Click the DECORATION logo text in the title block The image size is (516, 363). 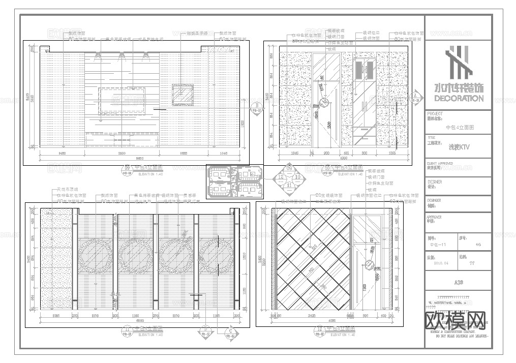point(458,98)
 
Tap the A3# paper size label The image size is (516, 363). point(458,282)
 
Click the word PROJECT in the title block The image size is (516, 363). point(435,114)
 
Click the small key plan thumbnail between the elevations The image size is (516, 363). point(234,181)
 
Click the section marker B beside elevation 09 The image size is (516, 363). point(257,106)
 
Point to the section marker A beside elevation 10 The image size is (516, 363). point(415,96)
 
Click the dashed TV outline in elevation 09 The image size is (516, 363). point(122,99)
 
